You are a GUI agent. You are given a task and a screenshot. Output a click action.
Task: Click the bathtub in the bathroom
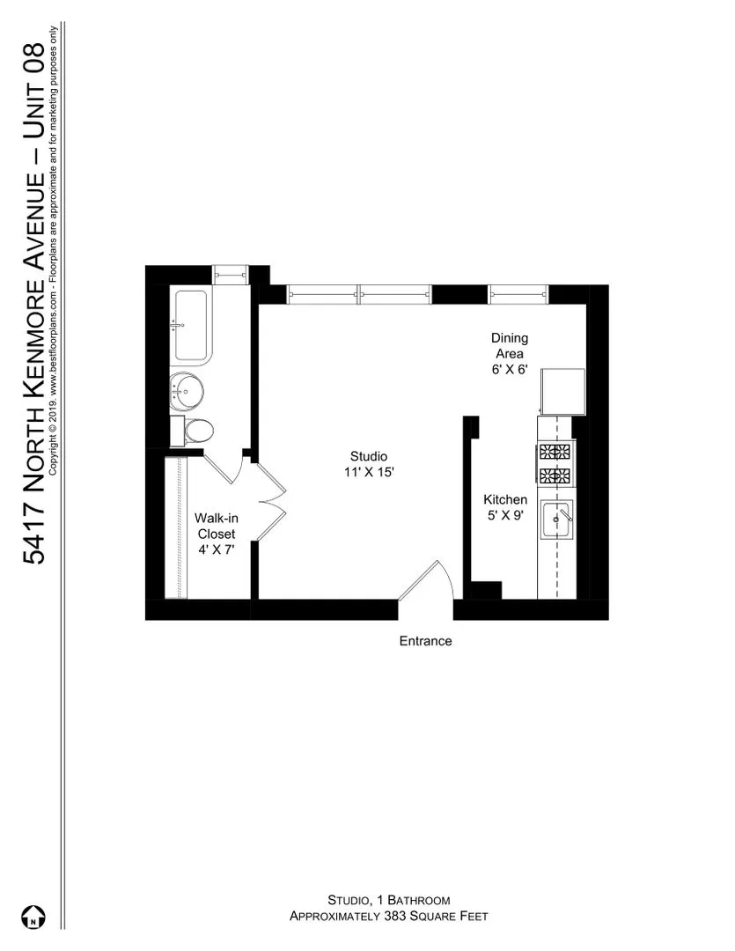coord(191,325)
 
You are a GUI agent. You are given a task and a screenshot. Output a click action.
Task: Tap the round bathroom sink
coord(187,389)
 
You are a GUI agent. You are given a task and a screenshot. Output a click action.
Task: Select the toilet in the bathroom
coord(197,431)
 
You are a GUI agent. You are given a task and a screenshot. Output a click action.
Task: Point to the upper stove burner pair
coord(555,453)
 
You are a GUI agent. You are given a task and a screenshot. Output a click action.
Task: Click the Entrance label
coord(425,641)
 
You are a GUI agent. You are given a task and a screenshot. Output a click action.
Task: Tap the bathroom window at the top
coord(231,274)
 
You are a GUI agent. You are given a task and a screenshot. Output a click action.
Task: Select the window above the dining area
coord(518,294)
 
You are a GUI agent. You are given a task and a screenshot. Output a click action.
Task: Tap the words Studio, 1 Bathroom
coord(388,900)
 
